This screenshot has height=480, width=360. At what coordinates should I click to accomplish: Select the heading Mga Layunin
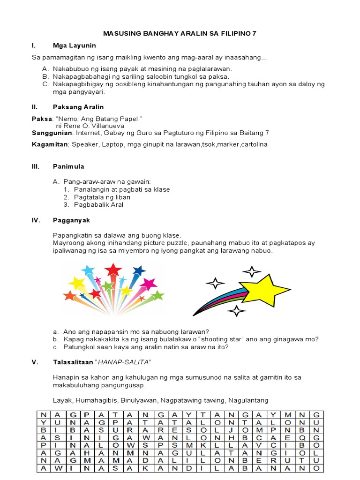click(74, 45)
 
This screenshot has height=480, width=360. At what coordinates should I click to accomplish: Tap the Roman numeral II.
click(34, 107)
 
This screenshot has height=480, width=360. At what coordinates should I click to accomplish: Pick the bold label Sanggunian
click(49, 133)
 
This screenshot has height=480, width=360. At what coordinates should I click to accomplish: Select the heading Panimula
click(69, 166)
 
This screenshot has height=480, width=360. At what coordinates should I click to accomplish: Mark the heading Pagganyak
click(72, 220)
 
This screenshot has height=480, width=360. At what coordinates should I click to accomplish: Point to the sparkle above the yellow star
click(252, 271)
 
